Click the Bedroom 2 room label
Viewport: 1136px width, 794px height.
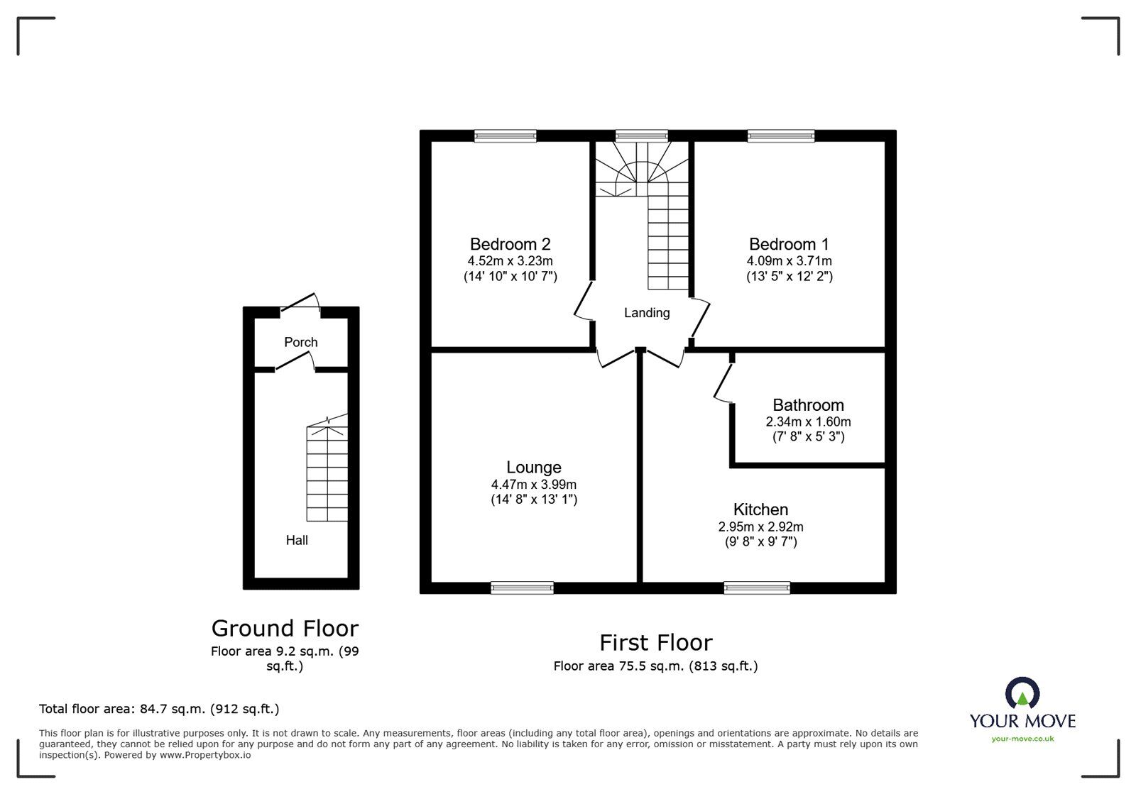tap(510, 244)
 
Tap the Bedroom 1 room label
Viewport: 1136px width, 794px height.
tap(789, 244)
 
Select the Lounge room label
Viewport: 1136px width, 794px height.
tap(533, 467)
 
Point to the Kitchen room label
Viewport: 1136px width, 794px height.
tap(760, 509)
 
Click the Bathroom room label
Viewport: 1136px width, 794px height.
tap(808, 405)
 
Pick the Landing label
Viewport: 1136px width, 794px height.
tap(647, 313)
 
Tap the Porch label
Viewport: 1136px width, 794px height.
tap(301, 342)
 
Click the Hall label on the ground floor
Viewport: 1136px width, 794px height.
tap(297, 540)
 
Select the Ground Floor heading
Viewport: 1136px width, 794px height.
tap(285, 628)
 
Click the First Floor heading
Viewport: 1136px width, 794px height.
tap(656, 643)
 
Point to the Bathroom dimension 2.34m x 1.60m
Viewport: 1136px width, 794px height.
tap(808, 421)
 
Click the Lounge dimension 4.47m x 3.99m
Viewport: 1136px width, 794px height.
tap(533, 485)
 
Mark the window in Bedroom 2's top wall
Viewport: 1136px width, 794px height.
tap(505, 136)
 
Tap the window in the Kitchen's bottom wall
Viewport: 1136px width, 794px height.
tap(757, 588)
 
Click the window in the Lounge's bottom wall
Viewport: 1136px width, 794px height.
tap(522, 588)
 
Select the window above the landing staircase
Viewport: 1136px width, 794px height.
tap(642, 136)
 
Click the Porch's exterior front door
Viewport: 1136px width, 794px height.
tap(301, 303)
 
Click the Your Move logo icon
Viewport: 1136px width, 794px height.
tap(1022, 693)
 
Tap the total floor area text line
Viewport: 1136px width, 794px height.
tap(159, 709)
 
